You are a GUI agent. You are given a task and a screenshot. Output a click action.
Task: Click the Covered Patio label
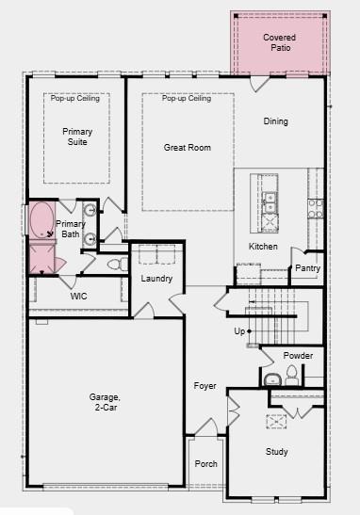click(x=279, y=42)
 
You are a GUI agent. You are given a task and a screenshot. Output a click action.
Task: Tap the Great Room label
click(x=187, y=147)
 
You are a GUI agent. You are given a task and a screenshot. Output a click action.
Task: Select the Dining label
click(x=276, y=121)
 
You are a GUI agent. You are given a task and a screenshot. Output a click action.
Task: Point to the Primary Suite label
click(x=77, y=137)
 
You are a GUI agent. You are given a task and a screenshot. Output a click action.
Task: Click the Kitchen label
click(x=263, y=246)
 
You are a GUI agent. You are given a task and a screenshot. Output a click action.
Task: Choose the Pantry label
click(x=307, y=268)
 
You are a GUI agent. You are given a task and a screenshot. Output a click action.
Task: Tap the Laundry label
click(x=156, y=279)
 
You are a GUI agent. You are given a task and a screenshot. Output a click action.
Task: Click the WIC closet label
click(x=79, y=296)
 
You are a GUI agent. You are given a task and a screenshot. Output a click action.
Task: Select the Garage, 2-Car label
click(x=105, y=402)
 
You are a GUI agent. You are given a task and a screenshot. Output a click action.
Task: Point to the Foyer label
click(x=205, y=386)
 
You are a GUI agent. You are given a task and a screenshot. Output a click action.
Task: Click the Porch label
click(x=205, y=464)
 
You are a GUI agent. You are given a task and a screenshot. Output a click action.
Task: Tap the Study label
click(x=276, y=452)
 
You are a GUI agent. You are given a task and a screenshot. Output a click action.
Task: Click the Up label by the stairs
click(x=240, y=331)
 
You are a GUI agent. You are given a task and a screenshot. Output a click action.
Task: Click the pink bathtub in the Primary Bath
click(x=41, y=221)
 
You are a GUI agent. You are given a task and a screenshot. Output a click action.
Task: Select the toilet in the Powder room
click(x=291, y=377)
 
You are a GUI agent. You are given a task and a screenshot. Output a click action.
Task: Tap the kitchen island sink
click(x=269, y=201)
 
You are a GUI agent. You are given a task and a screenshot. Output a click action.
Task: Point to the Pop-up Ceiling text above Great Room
click(x=186, y=99)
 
